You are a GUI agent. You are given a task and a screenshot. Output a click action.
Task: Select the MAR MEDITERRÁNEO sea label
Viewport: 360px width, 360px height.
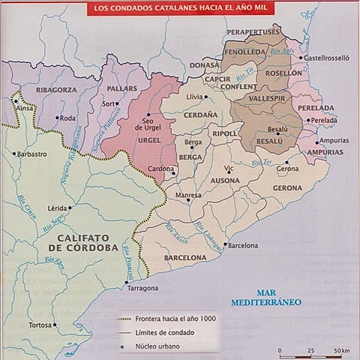[277, 298]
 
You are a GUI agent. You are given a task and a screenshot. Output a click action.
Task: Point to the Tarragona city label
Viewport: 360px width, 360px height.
[142, 288]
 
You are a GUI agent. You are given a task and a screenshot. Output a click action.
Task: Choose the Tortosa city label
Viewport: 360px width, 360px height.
[38, 325]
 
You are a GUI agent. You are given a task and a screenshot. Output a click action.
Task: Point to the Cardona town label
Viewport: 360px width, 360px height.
[160, 169]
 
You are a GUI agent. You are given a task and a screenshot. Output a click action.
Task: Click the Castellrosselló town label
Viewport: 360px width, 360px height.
[327, 57]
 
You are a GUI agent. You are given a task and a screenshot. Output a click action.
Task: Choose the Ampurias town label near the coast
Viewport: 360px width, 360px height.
[333, 140]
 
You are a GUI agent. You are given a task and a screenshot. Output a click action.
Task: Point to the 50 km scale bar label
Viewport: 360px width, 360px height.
[341, 350]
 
